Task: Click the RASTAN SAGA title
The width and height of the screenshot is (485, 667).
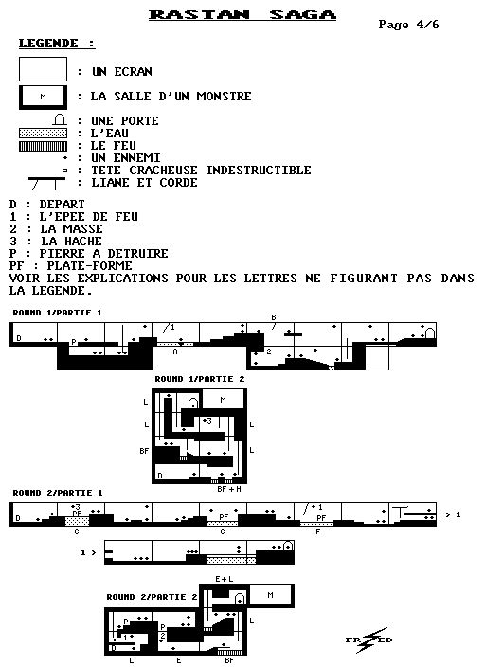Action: [x=242, y=14]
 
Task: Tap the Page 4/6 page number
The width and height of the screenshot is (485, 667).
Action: [x=408, y=25]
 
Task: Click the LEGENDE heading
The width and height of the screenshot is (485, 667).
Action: [x=56, y=44]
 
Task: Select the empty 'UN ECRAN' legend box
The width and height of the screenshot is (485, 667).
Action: [x=43, y=69]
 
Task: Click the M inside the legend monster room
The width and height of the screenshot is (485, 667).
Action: [x=43, y=97]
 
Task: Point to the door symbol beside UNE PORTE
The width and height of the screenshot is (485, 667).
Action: [x=60, y=119]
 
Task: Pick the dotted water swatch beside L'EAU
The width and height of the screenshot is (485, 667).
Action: [x=43, y=134]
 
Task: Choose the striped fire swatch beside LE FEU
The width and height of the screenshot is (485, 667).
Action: [x=43, y=146]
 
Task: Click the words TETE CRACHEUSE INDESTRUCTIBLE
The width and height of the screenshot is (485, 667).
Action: [x=201, y=171]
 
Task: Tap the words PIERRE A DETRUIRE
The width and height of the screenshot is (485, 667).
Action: [x=104, y=254]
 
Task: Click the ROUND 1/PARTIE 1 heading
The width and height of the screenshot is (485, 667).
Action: [x=58, y=313]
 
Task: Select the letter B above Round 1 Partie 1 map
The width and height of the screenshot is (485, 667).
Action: [x=274, y=317]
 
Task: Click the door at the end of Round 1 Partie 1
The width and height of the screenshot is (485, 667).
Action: [x=430, y=333]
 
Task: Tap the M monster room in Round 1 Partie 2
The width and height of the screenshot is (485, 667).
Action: [x=225, y=400]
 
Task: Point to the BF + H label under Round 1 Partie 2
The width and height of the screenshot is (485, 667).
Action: [x=229, y=489]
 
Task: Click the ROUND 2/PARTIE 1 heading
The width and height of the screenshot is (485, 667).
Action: [x=58, y=493]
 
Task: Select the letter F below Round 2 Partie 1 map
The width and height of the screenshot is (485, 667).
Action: [x=317, y=532]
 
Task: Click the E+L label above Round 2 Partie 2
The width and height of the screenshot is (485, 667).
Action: [x=225, y=579]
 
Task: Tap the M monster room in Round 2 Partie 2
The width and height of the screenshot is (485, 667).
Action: [x=272, y=595]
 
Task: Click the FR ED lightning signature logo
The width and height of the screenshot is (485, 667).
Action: [x=368, y=640]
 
